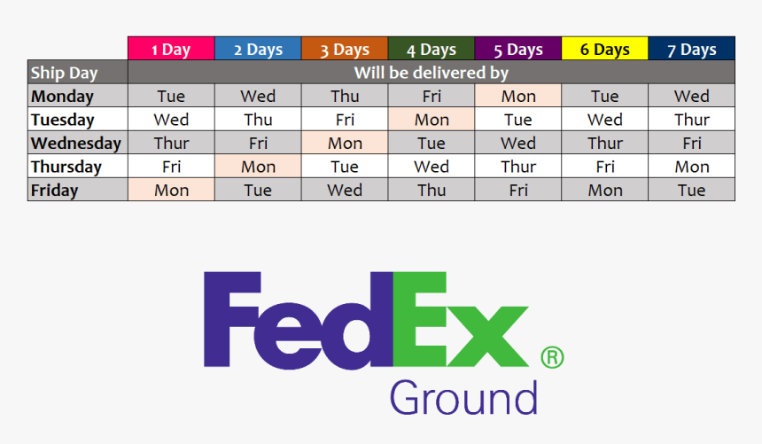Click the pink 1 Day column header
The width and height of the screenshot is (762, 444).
click(x=171, y=50)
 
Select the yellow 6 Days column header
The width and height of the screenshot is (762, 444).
click(x=605, y=50)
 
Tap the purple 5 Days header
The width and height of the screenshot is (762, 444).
click(x=518, y=50)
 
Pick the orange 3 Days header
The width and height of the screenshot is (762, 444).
click(x=345, y=50)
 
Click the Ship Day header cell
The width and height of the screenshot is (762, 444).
click(x=78, y=73)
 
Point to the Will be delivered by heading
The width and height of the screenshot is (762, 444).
click(x=432, y=73)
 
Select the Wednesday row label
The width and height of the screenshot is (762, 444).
click(x=78, y=143)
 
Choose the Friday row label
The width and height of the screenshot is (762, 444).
click(x=78, y=190)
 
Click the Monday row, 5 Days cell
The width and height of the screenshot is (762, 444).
click(x=518, y=97)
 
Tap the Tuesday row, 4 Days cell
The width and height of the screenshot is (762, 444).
click(x=432, y=120)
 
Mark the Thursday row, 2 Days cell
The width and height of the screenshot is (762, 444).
click(x=258, y=167)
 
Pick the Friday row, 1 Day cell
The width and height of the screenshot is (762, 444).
click(x=171, y=190)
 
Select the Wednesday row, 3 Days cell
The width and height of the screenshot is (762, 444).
click(x=345, y=143)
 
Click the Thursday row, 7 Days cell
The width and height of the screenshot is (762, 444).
click(x=692, y=167)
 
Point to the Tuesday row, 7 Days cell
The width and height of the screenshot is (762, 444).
click(x=692, y=120)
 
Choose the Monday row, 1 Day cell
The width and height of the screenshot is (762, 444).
click(x=171, y=97)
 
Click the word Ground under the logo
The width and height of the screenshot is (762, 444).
click(x=463, y=399)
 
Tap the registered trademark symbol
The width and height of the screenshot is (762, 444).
click(x=552, y=357)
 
